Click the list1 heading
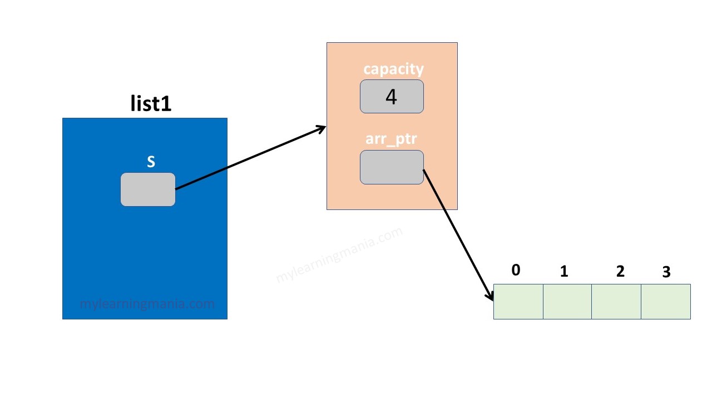(x=151, y=104)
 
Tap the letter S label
(x=151, y=162)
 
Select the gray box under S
(x=148, y=189)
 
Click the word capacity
(x=393, y=69)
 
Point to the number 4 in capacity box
(x=391, y=97)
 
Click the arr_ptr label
(x=391, y=139)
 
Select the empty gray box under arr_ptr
(x=392, y=167)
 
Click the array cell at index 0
(x=518, y=302)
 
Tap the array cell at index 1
(x=567, y=302)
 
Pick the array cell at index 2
(x=616, y=302)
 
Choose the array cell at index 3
(x=665, y=302)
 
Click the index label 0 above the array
(x=516, y=270)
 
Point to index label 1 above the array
(x=564, y=271)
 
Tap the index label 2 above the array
(x=620, y=271)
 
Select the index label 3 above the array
(x=666, y=272)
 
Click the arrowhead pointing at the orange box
(x=322, y=128)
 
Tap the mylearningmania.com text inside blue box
(x=147, y=304)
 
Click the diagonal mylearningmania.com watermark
(x=339, y=256)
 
